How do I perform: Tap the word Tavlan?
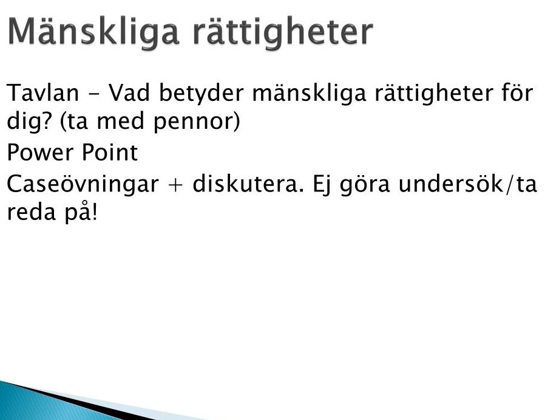point(42,92)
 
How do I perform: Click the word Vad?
point(129,92)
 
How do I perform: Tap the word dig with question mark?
point(31,122)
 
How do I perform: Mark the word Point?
point(109,153)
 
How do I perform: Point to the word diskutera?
point(248,184)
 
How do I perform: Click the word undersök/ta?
point(467,184)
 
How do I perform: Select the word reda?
point(32,212)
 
